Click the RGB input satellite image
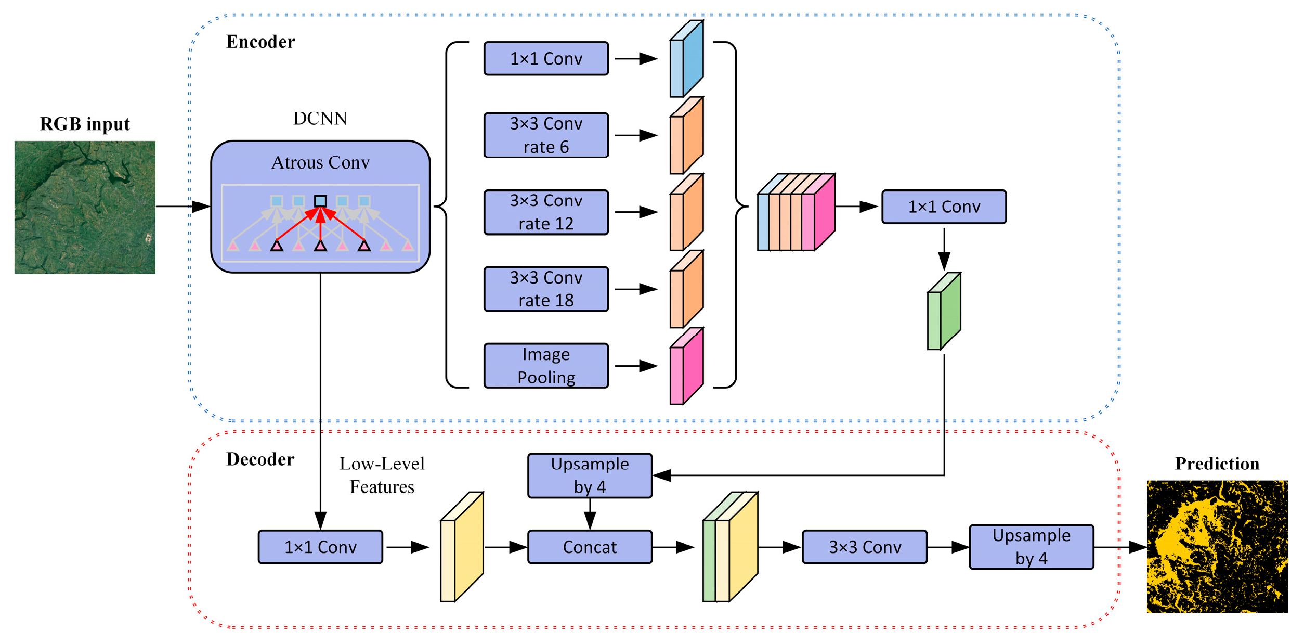tap(85, 207)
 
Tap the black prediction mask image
tap(1217, 546)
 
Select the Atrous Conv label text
tap(320, 163)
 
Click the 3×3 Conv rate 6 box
tap(546, 135)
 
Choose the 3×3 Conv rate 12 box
tap(546, 212)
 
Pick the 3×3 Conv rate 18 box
tap(546, 289)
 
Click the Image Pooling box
tap(546, 366)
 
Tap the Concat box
tap(590, 547)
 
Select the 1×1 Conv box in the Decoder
tap(320, 547)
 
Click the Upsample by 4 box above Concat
tap(590, 475)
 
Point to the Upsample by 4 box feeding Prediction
tap(1031, 547)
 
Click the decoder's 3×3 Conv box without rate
tap(865, 547)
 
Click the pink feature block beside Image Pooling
tap(686, 367)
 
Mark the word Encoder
tap(260, 42)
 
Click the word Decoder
tap(260, 459)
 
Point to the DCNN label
tap(320, 119)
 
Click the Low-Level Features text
tap(382, 475)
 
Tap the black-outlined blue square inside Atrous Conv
tap(320, 201)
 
